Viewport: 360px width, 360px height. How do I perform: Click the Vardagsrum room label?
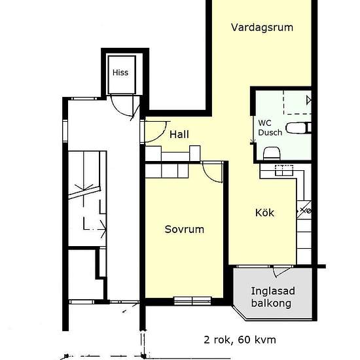(262, 27)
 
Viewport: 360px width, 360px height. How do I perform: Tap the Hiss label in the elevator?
(120, 73)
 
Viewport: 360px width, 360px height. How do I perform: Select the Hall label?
(179, 134)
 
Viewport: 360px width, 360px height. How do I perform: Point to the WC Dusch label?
(270, 128)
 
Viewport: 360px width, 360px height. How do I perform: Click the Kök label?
(264, 213)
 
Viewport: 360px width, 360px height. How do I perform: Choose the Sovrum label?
(185, 229)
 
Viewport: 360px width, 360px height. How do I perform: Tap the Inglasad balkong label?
(273, 297)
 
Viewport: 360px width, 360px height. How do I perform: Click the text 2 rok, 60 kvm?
(240, 340)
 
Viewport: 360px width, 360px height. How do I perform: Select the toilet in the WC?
(298, 128)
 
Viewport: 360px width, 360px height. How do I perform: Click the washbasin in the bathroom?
(272, 154)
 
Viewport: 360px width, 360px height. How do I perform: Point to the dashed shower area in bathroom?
(297, 102)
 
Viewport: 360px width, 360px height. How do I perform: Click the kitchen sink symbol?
(284, 170)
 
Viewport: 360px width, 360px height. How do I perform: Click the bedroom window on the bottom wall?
(192, 301)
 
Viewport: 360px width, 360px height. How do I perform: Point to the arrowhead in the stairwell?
(103, 228)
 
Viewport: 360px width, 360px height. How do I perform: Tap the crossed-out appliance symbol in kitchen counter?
(304, 210)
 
